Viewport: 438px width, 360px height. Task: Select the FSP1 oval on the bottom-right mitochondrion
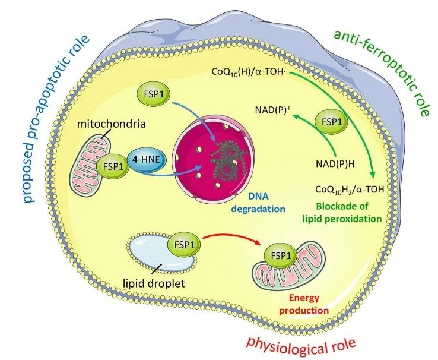click(283, 257)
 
